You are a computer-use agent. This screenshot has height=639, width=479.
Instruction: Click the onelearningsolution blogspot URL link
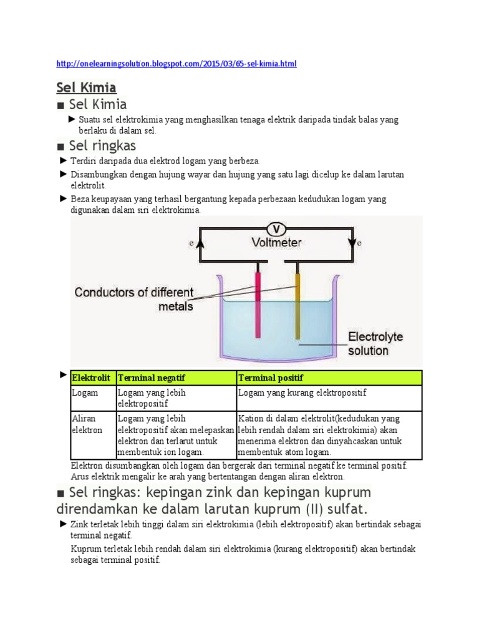[177, 64]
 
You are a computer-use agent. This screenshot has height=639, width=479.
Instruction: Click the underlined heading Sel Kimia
[86, 87]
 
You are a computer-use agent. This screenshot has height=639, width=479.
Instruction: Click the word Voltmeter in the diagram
[276, 242]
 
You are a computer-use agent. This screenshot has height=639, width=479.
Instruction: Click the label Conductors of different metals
[134, 299]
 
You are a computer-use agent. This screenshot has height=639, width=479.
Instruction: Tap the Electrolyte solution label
[375, 343]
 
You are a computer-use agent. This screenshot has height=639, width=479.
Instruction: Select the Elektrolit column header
[92, 378]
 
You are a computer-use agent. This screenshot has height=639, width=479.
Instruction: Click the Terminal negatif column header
[152, 378]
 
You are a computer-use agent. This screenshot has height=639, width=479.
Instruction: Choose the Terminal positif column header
[269, 378]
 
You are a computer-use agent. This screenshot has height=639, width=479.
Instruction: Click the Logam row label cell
[85, 393]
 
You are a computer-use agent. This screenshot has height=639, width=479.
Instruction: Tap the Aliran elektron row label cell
[87, 424]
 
